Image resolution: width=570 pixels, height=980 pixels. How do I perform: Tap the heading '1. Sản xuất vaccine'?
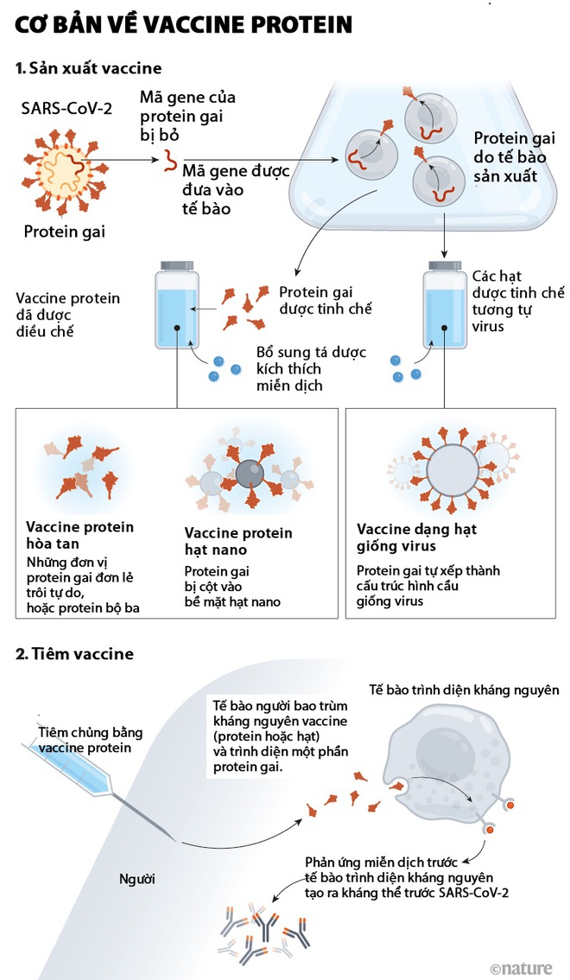coord(88,67)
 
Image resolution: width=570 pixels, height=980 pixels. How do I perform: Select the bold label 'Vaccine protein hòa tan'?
coord(79,535)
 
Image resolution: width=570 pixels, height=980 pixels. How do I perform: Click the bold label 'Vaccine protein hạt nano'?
coord(238,542)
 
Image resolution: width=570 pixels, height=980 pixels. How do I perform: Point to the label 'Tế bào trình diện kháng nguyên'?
coord(464,690)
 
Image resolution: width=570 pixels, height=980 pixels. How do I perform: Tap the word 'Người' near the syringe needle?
coord(137,879)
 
